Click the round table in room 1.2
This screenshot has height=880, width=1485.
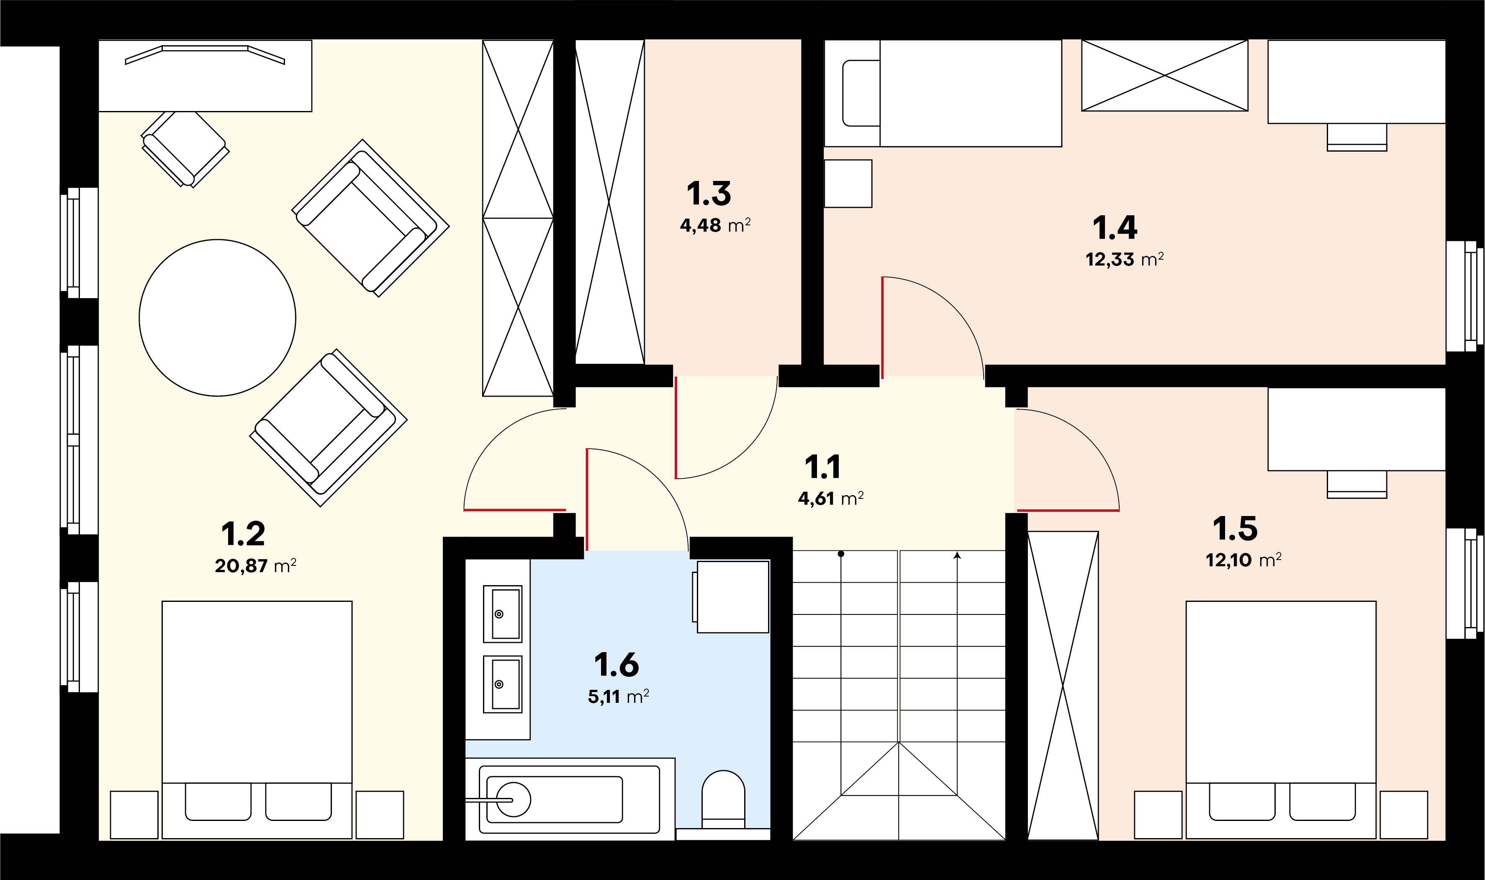(x=218, y=318)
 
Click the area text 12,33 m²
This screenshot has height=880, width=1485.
(x=1124, y=259)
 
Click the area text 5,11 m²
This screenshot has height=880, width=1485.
(x=618, y=696)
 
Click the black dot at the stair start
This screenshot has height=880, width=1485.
(x=841, y=554)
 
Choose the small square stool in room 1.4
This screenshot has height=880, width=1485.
(x=848, y=183)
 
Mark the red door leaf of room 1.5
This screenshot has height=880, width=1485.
(x=1069, y=510)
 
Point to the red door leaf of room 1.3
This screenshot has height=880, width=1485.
(x=676, y=428)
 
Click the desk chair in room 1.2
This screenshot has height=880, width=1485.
(x=185, y=149)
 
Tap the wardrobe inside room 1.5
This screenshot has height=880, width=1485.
(x=1063, y=686)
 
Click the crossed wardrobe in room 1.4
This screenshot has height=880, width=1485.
(x=1165, y=75)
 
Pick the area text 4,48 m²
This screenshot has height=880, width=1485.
(x=715, y=225)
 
